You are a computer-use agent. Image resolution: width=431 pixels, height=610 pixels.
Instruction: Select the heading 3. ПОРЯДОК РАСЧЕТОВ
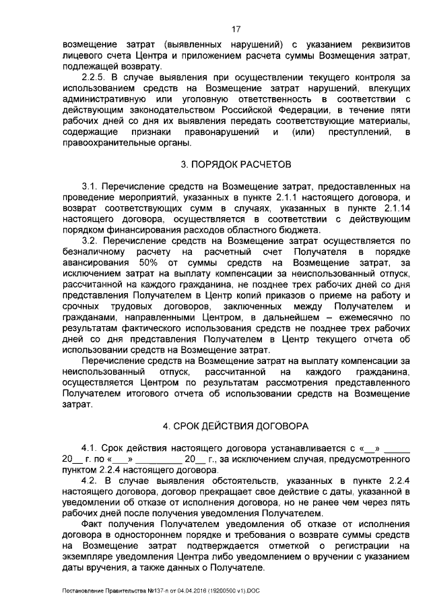[235, 164]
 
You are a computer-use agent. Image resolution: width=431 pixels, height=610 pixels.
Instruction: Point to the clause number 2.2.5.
[92, 78]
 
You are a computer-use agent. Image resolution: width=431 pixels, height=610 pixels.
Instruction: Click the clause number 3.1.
[90, 185]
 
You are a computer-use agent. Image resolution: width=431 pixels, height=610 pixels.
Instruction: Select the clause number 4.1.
[90, 447]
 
